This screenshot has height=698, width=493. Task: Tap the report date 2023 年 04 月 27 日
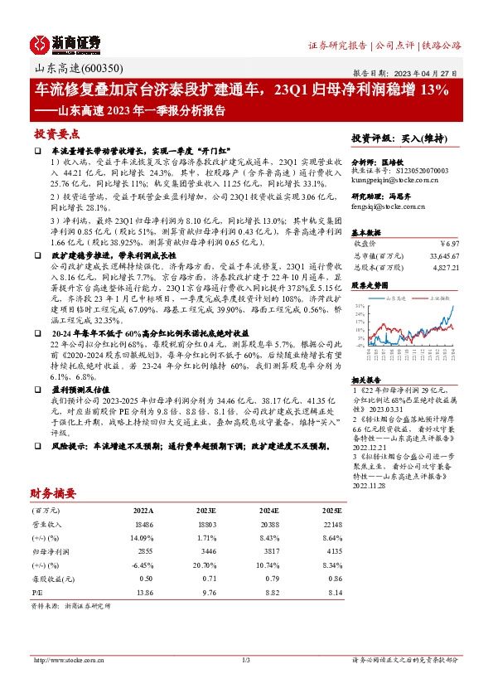431,73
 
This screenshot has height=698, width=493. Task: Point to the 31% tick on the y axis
360,306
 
